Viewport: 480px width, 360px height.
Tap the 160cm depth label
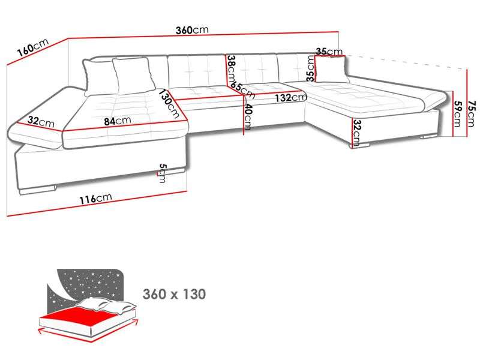[x=32, y=47]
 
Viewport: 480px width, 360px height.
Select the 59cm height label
[x=457, y=113]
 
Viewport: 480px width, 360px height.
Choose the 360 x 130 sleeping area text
[x=174, y=294]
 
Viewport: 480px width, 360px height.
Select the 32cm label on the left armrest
[x=41, y=122]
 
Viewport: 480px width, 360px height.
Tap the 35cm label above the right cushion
[x=328, y=52]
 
